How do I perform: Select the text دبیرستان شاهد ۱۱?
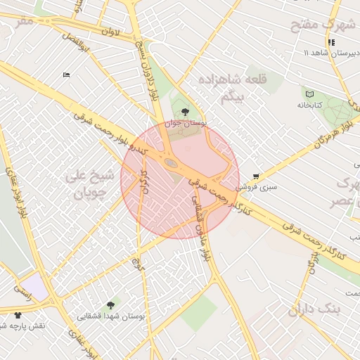click(x=330, y=53)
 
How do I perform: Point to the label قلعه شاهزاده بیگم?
click(x=233, y=89)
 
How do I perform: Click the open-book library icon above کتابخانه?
click(x=309, y=94)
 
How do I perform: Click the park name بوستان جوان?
click(x=185, y=122)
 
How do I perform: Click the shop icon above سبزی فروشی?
click(x=255, y=176)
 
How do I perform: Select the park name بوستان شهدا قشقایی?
click(x=111, y=316)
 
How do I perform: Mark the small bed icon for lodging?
click(x=67, y=75)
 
